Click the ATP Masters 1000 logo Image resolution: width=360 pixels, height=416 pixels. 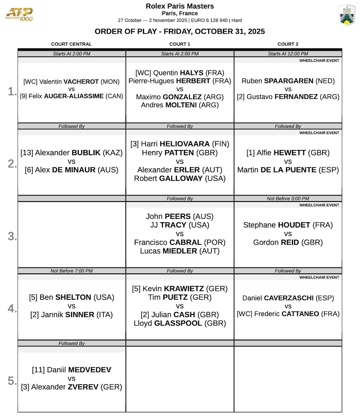[x=19, y=15]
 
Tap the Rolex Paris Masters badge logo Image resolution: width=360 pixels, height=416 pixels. [x=347, y=15]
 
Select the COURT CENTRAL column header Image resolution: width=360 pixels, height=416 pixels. [x=71, y=44]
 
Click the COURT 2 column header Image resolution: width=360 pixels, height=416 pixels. [x=288, y=44]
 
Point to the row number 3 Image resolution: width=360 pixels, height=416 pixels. [x=12, y=236]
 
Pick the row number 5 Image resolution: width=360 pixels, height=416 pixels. [x=12, y=381]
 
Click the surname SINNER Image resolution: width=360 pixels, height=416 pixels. [x=80, y=314]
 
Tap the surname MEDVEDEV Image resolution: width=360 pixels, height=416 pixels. [x=90, y=370]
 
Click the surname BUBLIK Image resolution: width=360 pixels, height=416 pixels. [x=86, y=153]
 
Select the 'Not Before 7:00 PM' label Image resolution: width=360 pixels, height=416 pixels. [x=71, y=271]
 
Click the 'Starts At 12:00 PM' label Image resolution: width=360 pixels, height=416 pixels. [x=288, y=54]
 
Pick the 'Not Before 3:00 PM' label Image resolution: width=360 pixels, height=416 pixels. [x=288, y=199]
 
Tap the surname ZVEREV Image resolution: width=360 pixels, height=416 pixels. [x=83, y=387]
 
